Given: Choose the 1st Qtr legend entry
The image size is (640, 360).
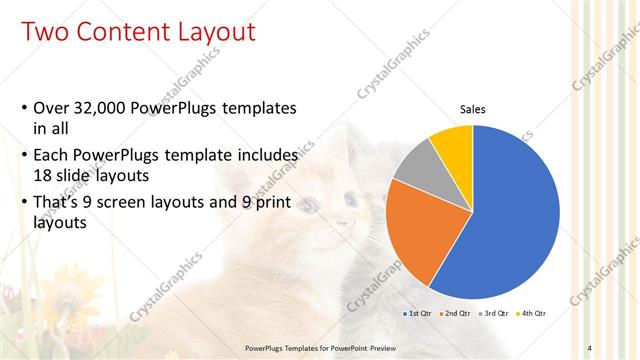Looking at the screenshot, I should point(417,314).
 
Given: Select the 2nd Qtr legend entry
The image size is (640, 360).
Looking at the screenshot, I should point(455,314).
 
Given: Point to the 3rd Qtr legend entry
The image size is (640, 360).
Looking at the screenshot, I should point(494,314).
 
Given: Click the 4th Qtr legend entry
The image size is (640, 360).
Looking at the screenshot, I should point(532,314).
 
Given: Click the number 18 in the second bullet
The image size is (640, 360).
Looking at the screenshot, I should point(43,175).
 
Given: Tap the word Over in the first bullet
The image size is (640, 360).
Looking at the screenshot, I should point(51,107).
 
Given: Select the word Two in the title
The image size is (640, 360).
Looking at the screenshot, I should point(45,32).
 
